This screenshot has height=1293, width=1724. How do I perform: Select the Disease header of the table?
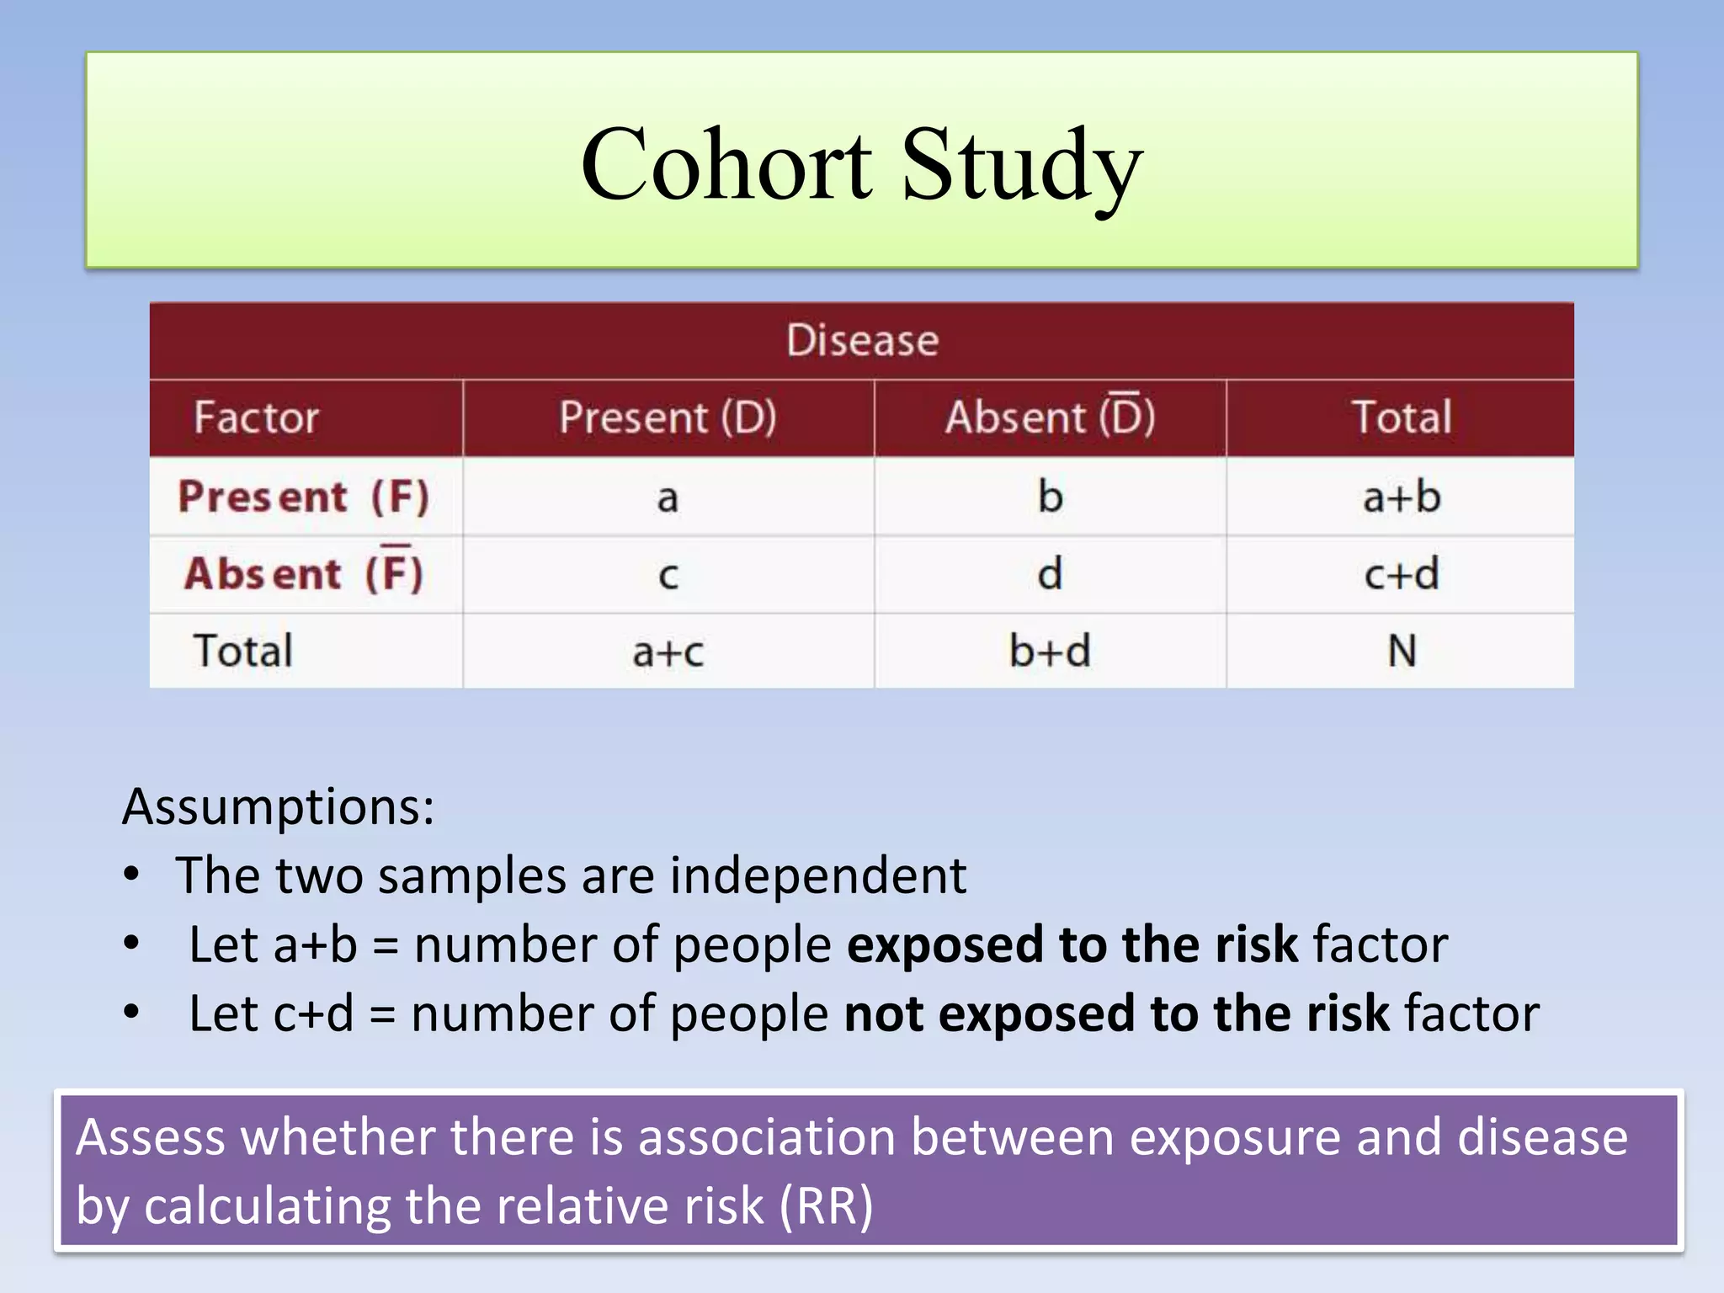coord(862,341)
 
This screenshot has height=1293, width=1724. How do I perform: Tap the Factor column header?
coord(257,418)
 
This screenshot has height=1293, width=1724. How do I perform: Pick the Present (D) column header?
coord(668,418)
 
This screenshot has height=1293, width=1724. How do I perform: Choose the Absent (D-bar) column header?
coord(1050,418)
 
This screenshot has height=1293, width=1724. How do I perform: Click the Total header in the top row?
coord(1401,418)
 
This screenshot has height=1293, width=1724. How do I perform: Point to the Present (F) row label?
coord(304,497)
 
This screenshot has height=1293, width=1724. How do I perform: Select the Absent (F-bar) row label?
coord(304,574)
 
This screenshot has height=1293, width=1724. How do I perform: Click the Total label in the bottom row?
coord(243,651)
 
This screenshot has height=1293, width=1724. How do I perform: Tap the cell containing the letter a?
coord(668,498)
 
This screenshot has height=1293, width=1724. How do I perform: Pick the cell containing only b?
coord(1050,497)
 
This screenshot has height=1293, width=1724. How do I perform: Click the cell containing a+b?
coord(1401,497)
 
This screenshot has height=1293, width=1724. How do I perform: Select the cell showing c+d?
coord(1401,574)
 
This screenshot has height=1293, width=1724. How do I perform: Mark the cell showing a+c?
coord(668,652)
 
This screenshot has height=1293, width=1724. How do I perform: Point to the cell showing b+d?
coord(1050,651)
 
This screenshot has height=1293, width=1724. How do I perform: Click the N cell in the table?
coord(1401,651)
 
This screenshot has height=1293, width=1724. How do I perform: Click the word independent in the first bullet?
coord(817,875)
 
